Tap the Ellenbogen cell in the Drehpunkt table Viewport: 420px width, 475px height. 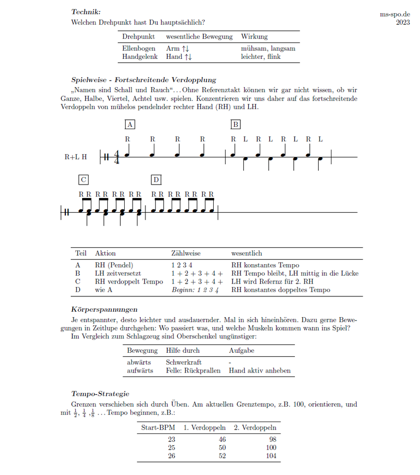(137, 48)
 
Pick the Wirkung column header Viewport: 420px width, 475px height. (254, 37)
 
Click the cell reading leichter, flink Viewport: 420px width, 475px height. (261, 57)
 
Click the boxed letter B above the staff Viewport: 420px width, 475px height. (236, 124)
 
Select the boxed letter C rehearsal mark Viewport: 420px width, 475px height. (83, 179)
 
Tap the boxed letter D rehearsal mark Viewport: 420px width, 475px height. (156, 179)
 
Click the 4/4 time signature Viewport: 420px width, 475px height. (117, 157)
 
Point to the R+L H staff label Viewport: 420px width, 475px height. (76, 157)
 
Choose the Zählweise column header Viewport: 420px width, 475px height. (186, 253)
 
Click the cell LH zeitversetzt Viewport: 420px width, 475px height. (118, 273)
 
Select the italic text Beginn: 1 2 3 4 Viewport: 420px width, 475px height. (195, 289)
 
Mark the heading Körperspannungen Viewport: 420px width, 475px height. (104, 310)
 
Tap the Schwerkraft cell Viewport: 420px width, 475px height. (184, 362)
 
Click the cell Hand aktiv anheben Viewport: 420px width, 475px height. (259, 371)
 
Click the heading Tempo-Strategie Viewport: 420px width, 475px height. (100, 394)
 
